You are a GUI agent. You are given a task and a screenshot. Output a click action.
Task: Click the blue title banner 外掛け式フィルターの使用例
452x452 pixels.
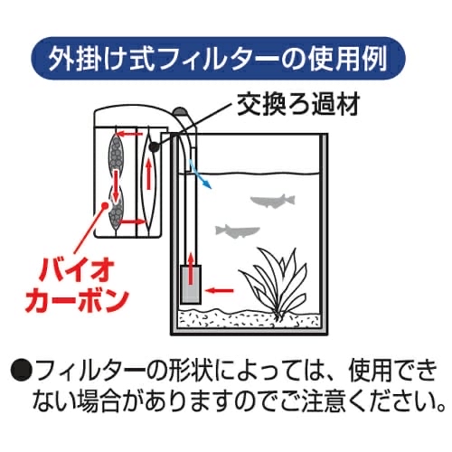pyautogui.click(x=219, y=59)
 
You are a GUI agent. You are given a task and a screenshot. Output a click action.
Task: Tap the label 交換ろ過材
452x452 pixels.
pyautogui.click(x=298, y=105)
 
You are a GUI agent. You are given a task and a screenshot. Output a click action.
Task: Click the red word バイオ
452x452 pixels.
pyautogui.click(x=76, y=271)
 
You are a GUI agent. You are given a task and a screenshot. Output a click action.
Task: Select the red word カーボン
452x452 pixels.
pyautogui.click(x=77, y=299)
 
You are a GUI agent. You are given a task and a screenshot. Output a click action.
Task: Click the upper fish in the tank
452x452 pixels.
pyautogui.click(x=273, y=200)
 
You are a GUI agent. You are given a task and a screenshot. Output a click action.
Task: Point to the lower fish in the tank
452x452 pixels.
pyautogui.click(x=238, y=231)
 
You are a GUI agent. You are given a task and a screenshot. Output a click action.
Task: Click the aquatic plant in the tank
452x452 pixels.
pyautogui.click(x=273, y=283)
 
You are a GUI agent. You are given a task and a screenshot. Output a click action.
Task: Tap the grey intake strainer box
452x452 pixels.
pyautogui.click(x=191, y=284)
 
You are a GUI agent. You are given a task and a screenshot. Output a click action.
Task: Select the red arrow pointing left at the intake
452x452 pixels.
pyautogui.click(x=219, y=290)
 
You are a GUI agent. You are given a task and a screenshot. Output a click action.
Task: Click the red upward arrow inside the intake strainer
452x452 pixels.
pyautogui.click(x=191, y=269)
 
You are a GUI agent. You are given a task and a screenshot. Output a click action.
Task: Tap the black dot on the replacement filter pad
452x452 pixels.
pyautogui.click(x=155, y=146)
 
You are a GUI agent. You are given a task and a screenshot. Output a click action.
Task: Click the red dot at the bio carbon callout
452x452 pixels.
pyautogui.click(x=105, y=206)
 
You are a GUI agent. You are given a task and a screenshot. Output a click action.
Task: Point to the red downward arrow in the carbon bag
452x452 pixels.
pyautogui.click(x=116, y=185)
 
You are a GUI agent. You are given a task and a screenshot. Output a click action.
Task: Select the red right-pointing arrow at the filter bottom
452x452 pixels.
pyautogui.click(x=133, y=222)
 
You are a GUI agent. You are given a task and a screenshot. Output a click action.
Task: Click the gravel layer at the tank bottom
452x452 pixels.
pyautogui.click(x=249, y=319)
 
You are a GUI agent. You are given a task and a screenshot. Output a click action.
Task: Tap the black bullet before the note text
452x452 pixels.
pyautogui.click(x=21, y=371)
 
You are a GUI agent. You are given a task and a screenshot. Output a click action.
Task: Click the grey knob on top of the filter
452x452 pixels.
pyautogui.click(x=181, y=111)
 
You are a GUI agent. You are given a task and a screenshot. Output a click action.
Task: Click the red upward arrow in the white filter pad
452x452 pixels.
pyautogui.click(x=148, y=174)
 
